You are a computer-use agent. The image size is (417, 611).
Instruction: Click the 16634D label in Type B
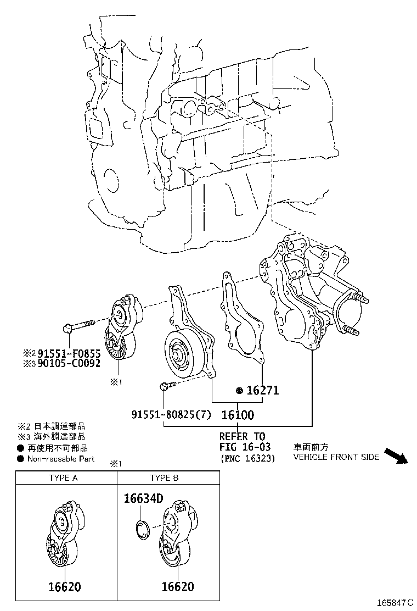click(143, 499)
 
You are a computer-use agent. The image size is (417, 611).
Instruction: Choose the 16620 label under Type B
click(177, 587)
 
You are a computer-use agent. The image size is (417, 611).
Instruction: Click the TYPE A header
click(63, 478)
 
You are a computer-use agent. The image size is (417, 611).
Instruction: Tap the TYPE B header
click(164, 478)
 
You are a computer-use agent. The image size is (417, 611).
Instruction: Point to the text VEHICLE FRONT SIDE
click(336, 457)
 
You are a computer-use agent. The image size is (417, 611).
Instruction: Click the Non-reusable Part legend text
click(60, 459)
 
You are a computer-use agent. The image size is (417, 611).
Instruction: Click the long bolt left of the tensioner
click(80, 325)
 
